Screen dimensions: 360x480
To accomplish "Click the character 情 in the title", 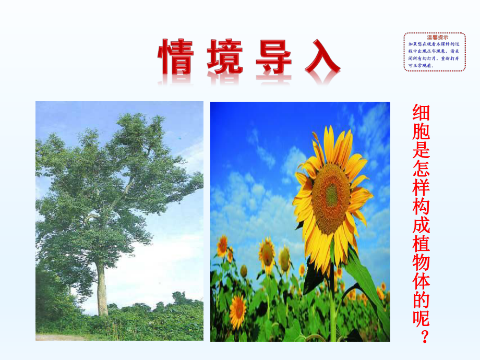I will pos(180,57).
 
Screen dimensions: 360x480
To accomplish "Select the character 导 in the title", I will pos(274,57).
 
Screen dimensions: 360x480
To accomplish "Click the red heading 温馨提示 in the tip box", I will pos(434,38).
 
